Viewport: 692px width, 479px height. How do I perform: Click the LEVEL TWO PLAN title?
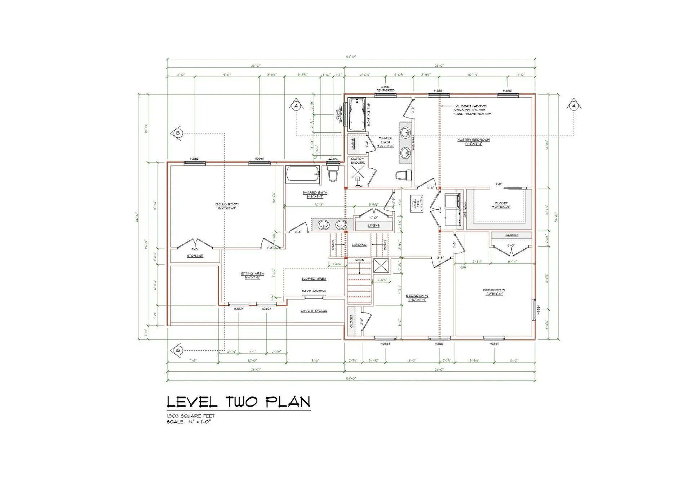[238, 402]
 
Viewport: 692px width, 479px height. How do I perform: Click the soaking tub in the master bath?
[356, 114]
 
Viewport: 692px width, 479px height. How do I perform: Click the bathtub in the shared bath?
[303, 174]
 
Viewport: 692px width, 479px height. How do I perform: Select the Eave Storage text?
[314, 311]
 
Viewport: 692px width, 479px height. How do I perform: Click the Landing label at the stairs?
[359, 245]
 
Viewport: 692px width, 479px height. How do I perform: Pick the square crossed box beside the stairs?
[381, 266]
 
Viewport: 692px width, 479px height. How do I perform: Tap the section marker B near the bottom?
[177, 350]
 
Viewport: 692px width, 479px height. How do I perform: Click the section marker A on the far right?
[574, 106]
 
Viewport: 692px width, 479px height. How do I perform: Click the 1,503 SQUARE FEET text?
[190, 416]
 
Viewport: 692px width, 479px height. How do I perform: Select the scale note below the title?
[188, 422]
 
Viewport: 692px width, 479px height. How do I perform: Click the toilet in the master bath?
[404, 176]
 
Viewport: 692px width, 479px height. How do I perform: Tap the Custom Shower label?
[358, 161]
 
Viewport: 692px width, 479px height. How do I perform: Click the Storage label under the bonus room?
[195, 256]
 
